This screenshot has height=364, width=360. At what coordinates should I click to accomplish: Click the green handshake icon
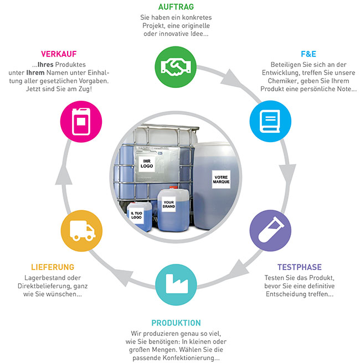(x=176, y=67)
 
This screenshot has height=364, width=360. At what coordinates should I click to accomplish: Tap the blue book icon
(x=270, y=121)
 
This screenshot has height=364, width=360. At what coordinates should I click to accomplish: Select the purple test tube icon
(x=270, y=231)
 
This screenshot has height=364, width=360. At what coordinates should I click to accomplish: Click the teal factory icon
(x=176, y=284)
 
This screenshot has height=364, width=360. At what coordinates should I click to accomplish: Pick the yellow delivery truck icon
(x=81, y=231)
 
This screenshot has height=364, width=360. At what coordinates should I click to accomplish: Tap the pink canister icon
(x=81, y=121)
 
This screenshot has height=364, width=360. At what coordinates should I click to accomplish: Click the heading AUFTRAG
(x=176, y=7)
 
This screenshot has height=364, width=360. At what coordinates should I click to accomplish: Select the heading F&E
(x=308, y=54)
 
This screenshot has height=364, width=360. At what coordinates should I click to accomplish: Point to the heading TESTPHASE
(x=299, y=267)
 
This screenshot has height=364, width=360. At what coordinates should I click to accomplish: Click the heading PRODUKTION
(x=176, y=323)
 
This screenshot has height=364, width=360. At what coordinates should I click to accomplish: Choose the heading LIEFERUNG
(x=53, y=267)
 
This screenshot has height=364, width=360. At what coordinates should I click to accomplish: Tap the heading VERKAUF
(x=59, y=54)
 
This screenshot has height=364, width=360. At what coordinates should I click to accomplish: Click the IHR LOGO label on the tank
(x=147, y=164)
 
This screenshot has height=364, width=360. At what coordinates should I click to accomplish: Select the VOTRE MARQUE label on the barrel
(x=221, y=179)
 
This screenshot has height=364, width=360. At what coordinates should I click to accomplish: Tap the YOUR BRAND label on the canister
(x=169, y=204)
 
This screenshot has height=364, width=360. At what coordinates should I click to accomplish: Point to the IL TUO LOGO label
(x=136, y=215)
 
